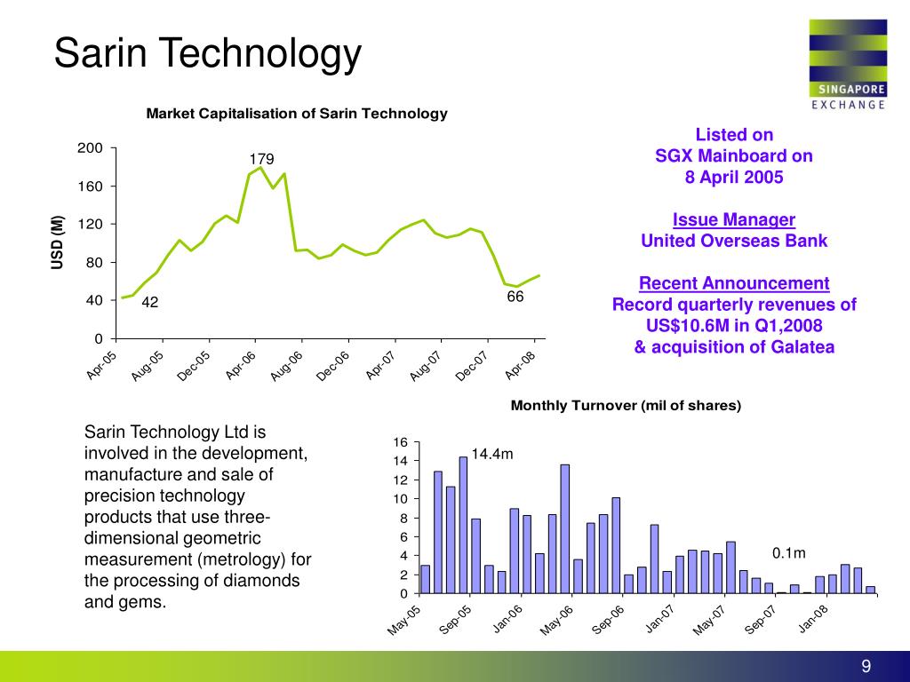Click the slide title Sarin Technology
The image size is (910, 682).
[208, 53]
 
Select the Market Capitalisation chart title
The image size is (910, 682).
[297, 114]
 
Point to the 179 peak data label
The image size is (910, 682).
[261, 160]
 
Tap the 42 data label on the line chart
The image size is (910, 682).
[149, 303]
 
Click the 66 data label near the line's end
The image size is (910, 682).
[515, 297]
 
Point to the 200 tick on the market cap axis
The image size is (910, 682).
[92, 147]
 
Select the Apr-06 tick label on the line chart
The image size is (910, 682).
[242, 365]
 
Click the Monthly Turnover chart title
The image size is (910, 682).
[626, 406]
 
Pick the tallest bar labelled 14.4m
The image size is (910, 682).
[463, 524]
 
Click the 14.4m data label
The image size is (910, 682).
[492, 455]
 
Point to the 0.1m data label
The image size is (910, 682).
[788, 553]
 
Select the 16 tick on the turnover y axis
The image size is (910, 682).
[400, 442]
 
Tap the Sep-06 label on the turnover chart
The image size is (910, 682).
[609, 620]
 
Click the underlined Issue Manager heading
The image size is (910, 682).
[734, 219]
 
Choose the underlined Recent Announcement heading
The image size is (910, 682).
[734, 283]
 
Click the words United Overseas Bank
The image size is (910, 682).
[734, 241]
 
